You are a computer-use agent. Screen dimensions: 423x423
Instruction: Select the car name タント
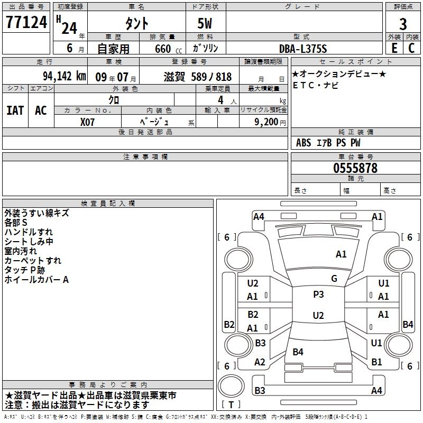pyautogui.click(x=136, y=23)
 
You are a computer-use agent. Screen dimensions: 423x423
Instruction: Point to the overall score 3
pyautogui.click(x=403, y=24)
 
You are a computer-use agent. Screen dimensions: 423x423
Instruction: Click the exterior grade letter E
pyautogui.click(x=394, y=48)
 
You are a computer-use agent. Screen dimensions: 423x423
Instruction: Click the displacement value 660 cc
pyautogui.click(x=163, y=49)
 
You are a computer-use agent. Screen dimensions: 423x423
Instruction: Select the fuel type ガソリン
pyautogui.click(x=206, y=49)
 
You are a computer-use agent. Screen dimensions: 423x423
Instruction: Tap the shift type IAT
pyautogui.click(x=15, y=110)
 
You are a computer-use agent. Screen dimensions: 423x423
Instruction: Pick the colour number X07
pyautogui.click(x=88, y=122)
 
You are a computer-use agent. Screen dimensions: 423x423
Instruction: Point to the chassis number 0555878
pyautogui.click(x=355, y=168)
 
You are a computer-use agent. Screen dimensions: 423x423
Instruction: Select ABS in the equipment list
pyautogui.click(x=304, y=143)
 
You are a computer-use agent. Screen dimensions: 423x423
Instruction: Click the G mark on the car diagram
pyautogui.click(x=334, y=279)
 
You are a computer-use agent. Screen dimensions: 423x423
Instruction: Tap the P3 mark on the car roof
pyautogui.click(x=318, y=295)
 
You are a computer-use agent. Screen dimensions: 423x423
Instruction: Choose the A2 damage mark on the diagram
pyautogui.click(x=260, y=362)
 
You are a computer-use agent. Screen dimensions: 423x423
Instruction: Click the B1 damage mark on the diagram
pyautogui.click(x=376, y=362)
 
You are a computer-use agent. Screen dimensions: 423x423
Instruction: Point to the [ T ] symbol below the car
pyautogui.click(x=231, y=404)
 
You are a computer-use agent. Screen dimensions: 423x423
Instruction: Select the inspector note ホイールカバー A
pyautogui.click(x=36, y=280)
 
